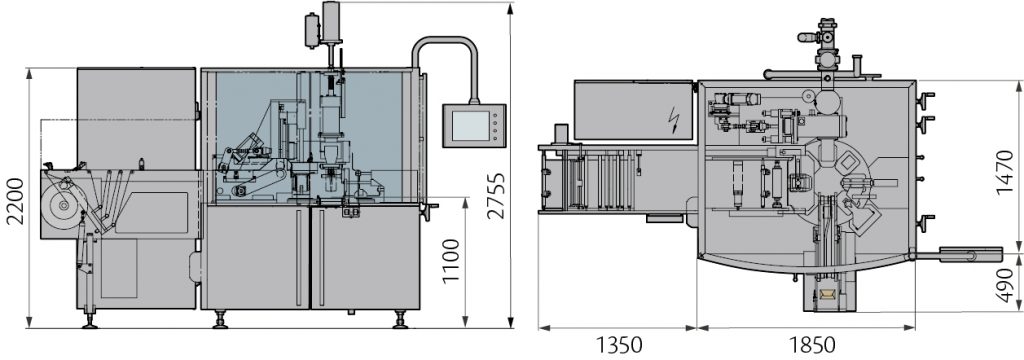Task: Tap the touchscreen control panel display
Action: pos(468,126)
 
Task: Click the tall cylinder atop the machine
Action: pos(331,22)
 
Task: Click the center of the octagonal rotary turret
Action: pos(830,173)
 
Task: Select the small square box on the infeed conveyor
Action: pos(562,133)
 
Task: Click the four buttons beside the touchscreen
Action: pos(493,126)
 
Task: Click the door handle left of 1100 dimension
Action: pos(431,209)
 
